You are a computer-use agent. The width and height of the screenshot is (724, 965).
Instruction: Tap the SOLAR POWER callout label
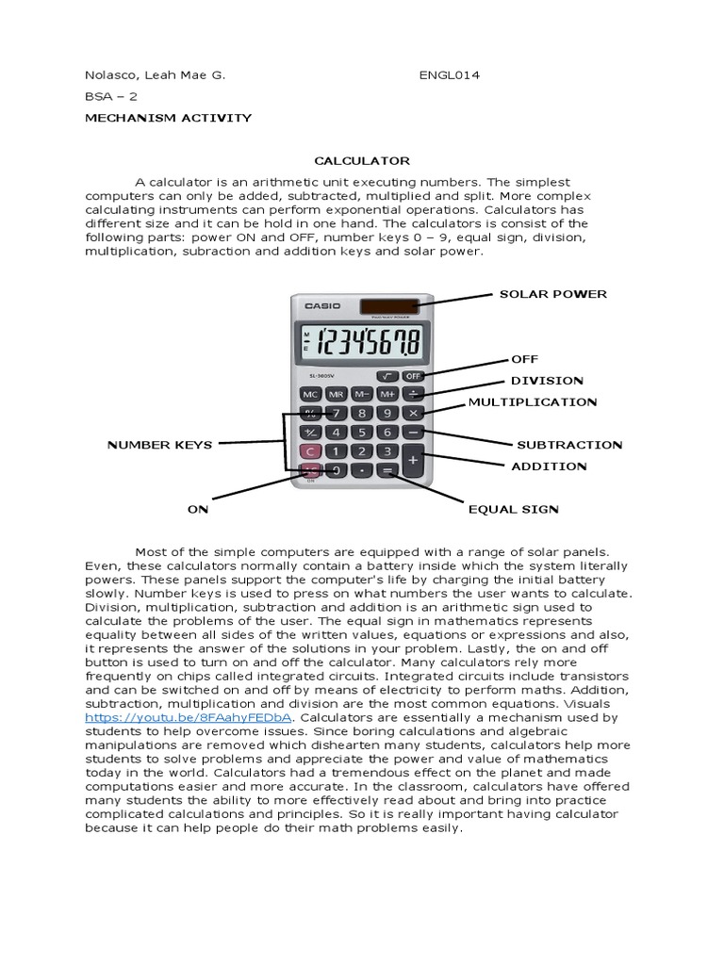pos(552,294)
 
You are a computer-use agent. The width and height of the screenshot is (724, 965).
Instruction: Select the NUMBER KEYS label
pos(159,444)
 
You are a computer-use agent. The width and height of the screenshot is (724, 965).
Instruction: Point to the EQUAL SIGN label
pos(513,509)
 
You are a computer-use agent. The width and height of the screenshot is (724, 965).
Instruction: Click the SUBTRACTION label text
pos(569,444)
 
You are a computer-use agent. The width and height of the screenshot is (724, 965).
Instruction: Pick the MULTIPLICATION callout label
pos(532,402)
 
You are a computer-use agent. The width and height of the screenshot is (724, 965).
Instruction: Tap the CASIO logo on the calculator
pos(323,305)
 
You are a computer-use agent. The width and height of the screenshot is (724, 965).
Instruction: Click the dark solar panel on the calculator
pos(388,304)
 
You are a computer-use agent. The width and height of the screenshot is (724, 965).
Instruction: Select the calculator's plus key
pos(413,460)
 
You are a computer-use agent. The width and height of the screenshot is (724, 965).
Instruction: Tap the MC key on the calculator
pos(310,394)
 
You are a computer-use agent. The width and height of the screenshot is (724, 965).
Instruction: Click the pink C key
pos(310,451)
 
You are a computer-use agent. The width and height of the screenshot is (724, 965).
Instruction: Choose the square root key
pos(387,375)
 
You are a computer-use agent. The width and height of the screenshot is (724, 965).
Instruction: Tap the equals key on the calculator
pos(387,469)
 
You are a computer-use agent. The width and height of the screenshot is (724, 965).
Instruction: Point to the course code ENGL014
pos(449,75)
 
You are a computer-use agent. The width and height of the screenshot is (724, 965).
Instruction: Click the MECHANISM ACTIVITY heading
pos(169,118)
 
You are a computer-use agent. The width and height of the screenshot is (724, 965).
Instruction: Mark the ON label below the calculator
pos(197,509)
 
